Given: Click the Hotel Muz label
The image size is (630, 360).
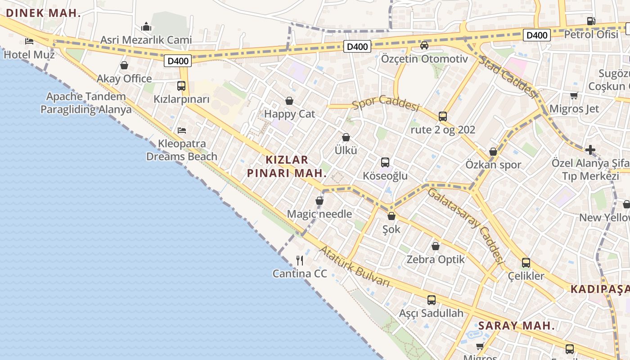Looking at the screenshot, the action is (x=29, y=55).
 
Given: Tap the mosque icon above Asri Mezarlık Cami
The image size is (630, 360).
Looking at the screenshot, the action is (x=146, y=27).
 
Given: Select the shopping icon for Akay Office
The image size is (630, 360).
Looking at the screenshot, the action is (x=124, y=66).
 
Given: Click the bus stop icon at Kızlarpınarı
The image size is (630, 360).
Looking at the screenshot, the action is (x=181, y=85).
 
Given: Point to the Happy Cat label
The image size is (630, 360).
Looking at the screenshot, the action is (x=289, y=114).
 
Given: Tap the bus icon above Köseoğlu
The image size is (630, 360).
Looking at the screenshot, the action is (x=385, y=162).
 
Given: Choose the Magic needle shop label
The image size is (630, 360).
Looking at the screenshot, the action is (x=319, y=214).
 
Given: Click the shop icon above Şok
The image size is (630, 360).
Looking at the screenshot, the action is (x=391, y=216).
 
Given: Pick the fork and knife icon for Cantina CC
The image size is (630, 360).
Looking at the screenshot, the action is (x=300, y=260).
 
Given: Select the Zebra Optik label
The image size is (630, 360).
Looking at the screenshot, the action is (x=436, y=259).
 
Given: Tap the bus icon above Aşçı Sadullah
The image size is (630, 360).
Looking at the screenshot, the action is (x=432, y=300).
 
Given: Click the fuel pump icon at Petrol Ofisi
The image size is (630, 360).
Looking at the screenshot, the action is (x=591, y=21).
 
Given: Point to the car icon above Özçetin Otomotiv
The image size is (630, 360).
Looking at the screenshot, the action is (x=424, y=45).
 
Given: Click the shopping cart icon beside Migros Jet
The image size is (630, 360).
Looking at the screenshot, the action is (x=574, y=95).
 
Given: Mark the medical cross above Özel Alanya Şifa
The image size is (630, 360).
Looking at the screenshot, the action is (x=590, y=150).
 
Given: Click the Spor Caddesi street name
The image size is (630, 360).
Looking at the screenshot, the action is (x=386, y=103).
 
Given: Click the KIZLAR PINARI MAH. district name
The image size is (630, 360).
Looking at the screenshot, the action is (x=287, y=166).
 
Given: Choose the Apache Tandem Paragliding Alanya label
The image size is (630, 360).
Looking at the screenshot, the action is (x=86, y=103).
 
